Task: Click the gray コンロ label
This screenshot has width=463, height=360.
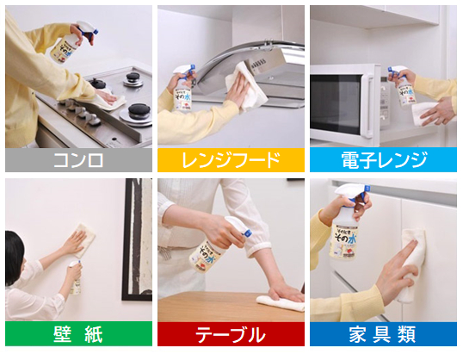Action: (78, 159)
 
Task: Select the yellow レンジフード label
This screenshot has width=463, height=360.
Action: (231, 159)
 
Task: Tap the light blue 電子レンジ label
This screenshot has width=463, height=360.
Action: (383, 159)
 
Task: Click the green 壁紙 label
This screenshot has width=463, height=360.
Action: (78, 333)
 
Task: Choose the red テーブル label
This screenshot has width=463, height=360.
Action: (231, 333)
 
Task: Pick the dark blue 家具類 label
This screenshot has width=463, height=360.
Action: (383, 333)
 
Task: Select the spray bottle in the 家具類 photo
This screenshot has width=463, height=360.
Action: (349, 228)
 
